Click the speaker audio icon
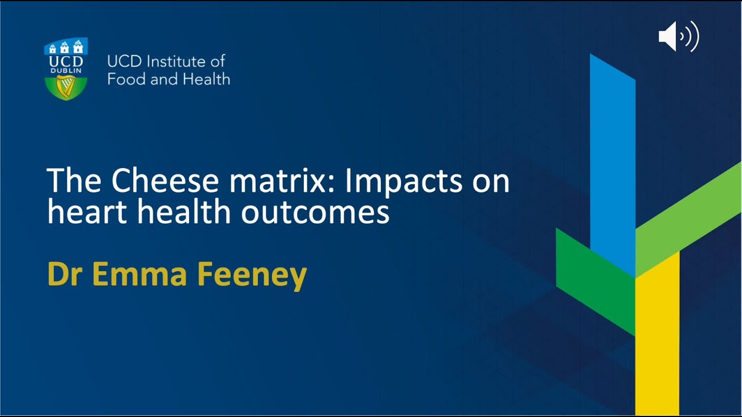coord(678,37)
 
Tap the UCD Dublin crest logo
coord(66,68)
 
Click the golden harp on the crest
coord(66,87)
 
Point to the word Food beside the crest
coord(126,79)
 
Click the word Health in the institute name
coord(206,79)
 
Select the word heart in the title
coord(88,212)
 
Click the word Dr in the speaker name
coord(65,274)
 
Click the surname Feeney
coord(252,274)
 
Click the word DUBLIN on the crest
coord(66,71)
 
